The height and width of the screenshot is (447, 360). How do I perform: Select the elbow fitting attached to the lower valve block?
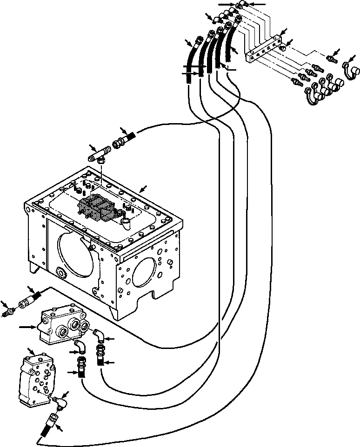60,401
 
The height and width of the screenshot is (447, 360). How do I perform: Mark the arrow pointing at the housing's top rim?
145,188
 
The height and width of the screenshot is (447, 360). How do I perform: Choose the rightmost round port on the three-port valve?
86,327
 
